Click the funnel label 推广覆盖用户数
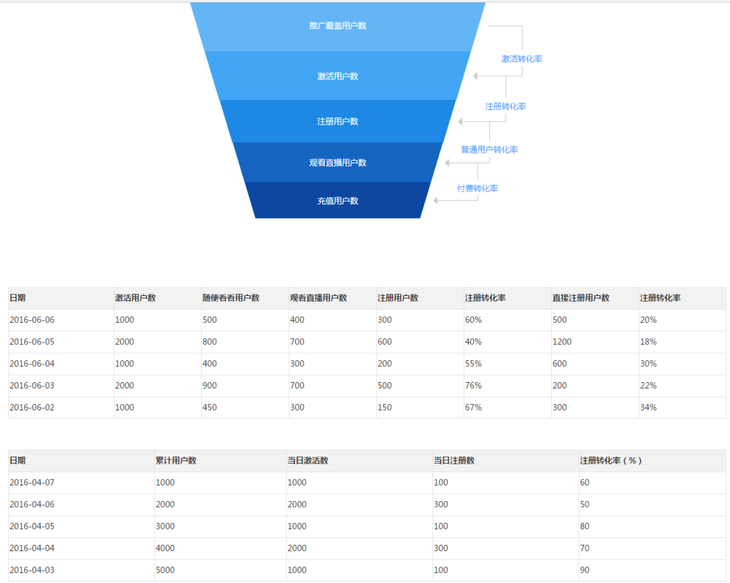[337, 26]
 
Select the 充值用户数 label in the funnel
[337, 201]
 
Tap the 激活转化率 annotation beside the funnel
[521, 59]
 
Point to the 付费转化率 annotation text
[477, 188]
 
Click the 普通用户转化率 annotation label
[489, 150]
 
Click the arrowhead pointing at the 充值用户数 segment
[436, 200]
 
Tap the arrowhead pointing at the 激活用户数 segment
[475, 76]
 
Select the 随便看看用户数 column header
[230, 298]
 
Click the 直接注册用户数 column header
[580, 298]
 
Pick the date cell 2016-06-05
[32, 342]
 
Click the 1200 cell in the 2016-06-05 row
[561, 342]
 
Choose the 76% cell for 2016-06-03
[473, 385]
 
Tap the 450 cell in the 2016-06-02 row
[209, 407]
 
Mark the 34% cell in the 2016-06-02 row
[648, 407]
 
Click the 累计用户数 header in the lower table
[175, 460]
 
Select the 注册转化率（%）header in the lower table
[610, 460]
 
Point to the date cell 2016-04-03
[32, 570]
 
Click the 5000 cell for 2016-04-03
[165, 570]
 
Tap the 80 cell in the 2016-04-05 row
[584, 526]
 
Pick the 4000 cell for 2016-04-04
[165, 548]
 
